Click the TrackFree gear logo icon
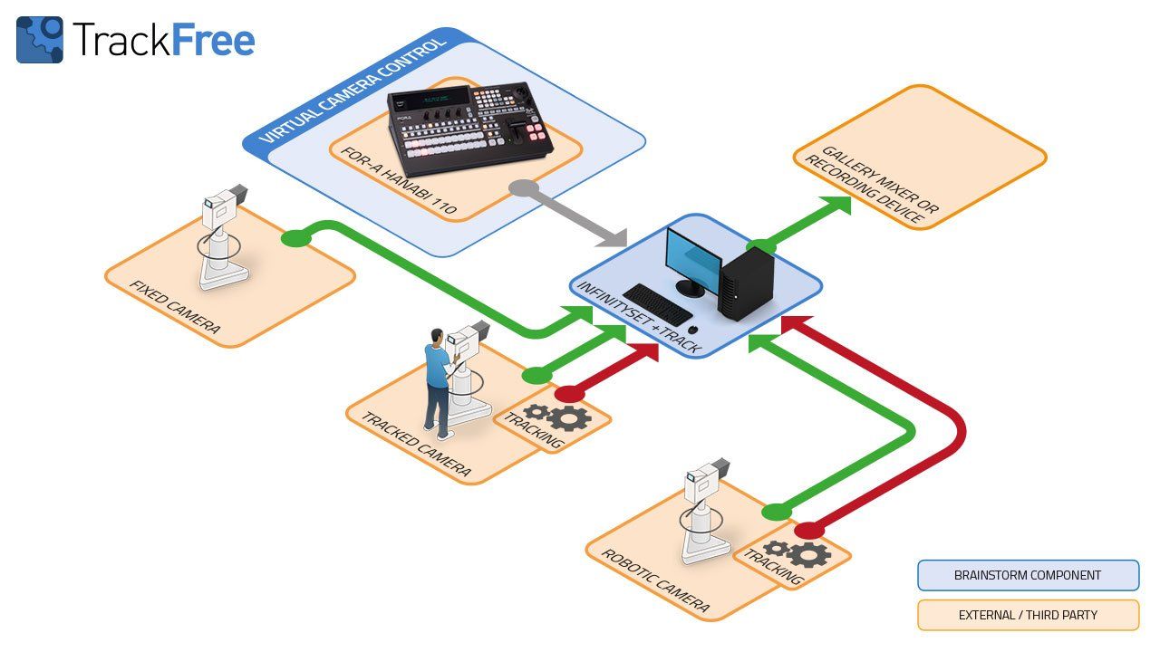pyautogui.click(x=40, y=40)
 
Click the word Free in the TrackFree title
pyautogui.click(x=213, y=40)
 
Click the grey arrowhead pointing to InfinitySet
pyautogui.click(x=612, y=237)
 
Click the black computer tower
pyautogui.click(x=745, y=283)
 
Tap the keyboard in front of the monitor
pyautogui.click(x=658, y=303)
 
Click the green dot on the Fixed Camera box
pyautogui.click(x=293, y=238)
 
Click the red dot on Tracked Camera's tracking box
pyautogui.click(x=569, y=394)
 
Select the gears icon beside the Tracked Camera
pyautogui.click(x=558, y=417)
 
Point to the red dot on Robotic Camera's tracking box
pyautogui.click(x=808, y=530)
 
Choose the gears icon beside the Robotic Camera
pyautogui.click(x=797, y=552)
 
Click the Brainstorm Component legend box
pyautogui.click(x=1028, y=575)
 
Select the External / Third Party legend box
pyautogui.click(x=1028, y=615)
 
